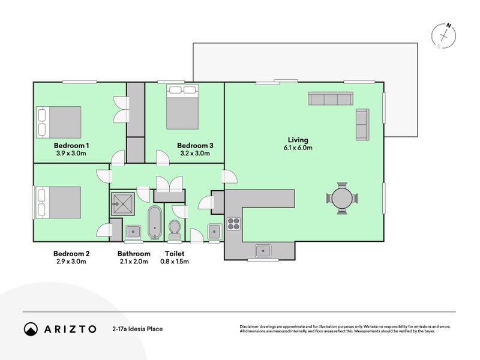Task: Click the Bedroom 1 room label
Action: coord(71,145)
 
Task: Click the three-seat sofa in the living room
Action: coord(330,100)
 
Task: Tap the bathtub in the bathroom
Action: coord(155,223)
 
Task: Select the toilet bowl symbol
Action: coord(175,229)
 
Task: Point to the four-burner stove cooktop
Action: coord(233,224)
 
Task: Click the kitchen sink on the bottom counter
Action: coord(263,250)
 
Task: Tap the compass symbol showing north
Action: coord(446,36)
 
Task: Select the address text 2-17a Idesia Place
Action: coord(137,329)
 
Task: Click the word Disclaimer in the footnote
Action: coord(250,326)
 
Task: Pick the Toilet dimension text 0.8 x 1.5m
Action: coord(177,262)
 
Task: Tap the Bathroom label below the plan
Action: coord(134,254)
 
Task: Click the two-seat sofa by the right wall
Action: coord(362,125)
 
